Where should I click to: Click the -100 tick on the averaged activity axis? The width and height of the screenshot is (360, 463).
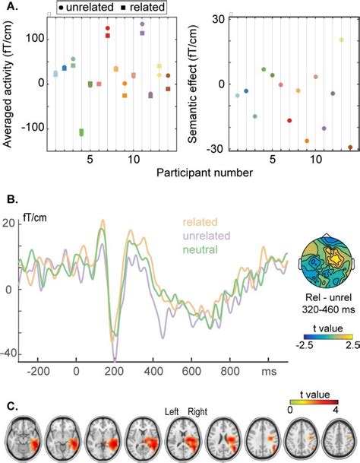[33, 127]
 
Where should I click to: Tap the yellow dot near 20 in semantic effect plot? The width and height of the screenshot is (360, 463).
[341, 40]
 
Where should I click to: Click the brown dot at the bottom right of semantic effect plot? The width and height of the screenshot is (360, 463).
[350, 147]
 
